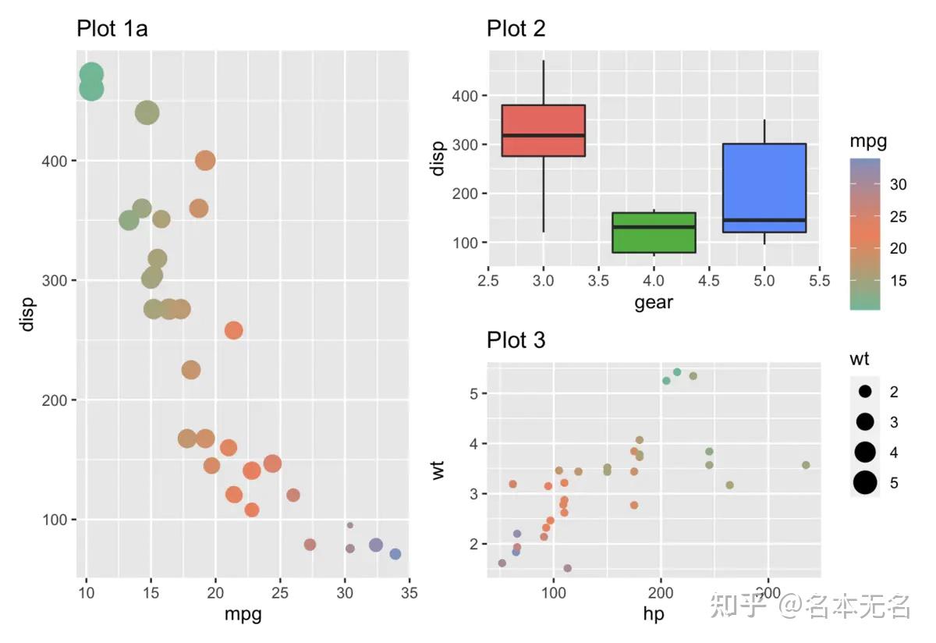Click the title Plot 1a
112,29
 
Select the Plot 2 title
516,29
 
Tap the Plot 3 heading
516,340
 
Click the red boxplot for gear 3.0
544,130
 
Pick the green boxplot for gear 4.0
654,232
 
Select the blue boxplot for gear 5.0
764,187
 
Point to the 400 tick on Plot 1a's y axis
59,161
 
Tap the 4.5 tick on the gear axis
709,280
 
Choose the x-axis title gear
654,302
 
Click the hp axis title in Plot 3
654,615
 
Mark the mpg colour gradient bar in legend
865,234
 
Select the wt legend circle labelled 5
865,483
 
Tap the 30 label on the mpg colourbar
898,185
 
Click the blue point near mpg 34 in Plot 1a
395,554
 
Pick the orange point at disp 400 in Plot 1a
205,161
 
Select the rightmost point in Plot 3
806,465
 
